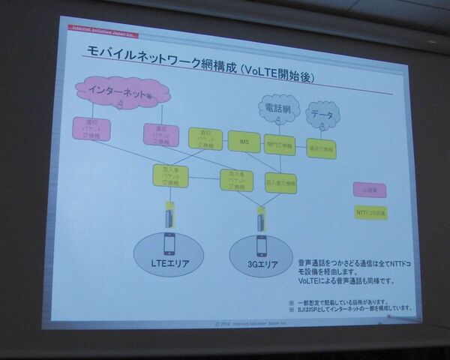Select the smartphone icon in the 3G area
pos(262,246)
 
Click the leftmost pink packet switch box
pos(92,128)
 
